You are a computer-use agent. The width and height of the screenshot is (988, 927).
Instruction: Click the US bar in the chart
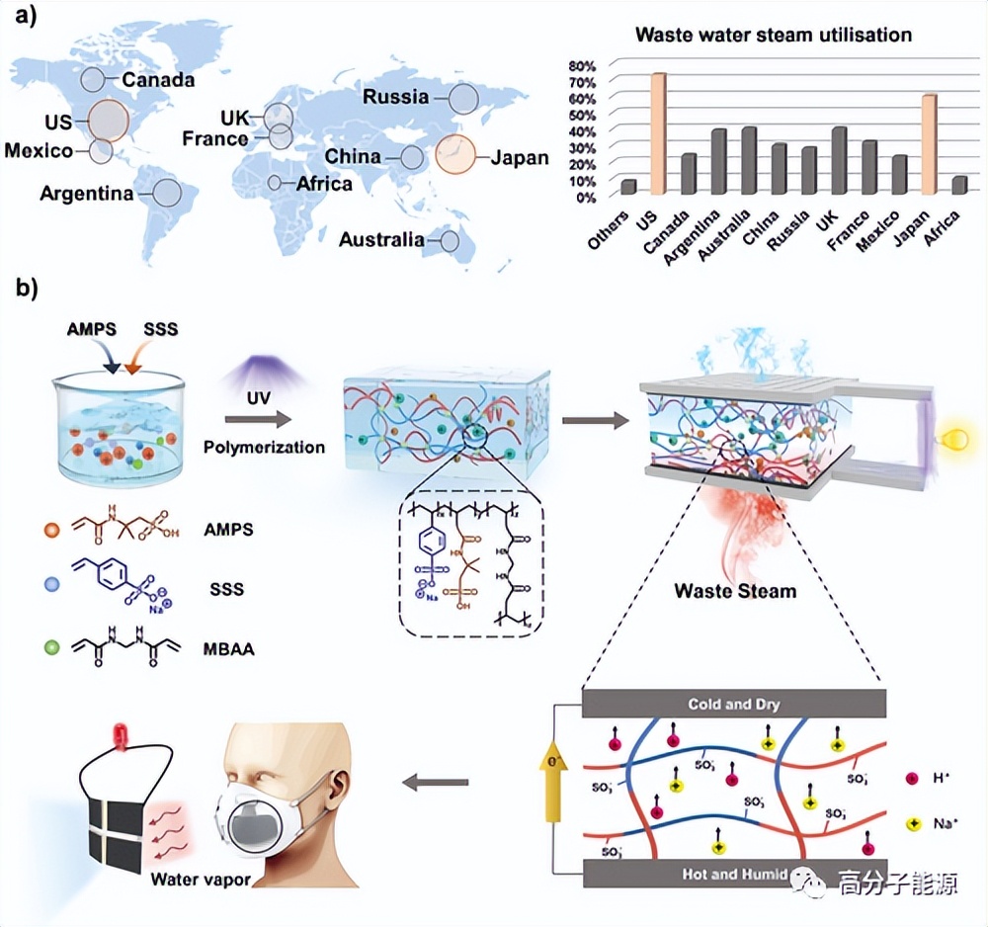tap(658, 133)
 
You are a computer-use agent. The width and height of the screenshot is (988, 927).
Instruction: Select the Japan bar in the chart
tap(929, 144)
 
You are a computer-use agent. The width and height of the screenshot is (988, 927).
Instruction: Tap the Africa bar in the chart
tap(959, 185)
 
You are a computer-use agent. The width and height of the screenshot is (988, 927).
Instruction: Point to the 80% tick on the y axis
tap(582, 65)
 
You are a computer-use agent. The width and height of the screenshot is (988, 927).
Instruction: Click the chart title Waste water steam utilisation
tap(774, 35)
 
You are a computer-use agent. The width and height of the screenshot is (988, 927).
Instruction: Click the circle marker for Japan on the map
tap(456, 155)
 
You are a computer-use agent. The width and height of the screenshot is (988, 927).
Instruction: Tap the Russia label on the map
tap(395, 97)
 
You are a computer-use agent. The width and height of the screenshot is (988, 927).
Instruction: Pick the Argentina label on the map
tap(87, 194)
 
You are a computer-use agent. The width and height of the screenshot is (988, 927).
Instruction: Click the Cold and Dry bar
tap(734, 705)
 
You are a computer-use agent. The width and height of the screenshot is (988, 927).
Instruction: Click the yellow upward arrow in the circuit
tap(553, 791)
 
